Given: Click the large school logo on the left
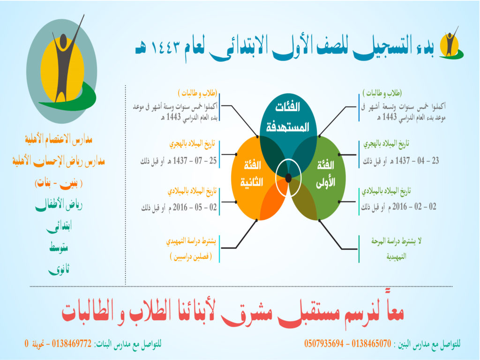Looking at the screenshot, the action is coord(61,69).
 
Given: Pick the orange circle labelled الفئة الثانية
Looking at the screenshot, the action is coord(252,178).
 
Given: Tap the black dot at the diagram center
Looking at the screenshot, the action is coord(288,178).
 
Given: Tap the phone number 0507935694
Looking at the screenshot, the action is coord(324,344).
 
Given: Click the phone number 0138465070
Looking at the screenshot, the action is coord(371,344).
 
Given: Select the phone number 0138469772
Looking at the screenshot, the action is coord(72,344).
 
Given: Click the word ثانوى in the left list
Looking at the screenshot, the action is coord(59,270).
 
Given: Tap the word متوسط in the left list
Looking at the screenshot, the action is coord(59,247).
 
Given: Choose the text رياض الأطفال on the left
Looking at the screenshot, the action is coord(59,204).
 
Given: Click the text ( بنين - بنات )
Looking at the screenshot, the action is coord(59,183).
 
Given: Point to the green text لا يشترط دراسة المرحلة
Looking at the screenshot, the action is coord(397,241).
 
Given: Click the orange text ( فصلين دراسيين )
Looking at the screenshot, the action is coord(191,256).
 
